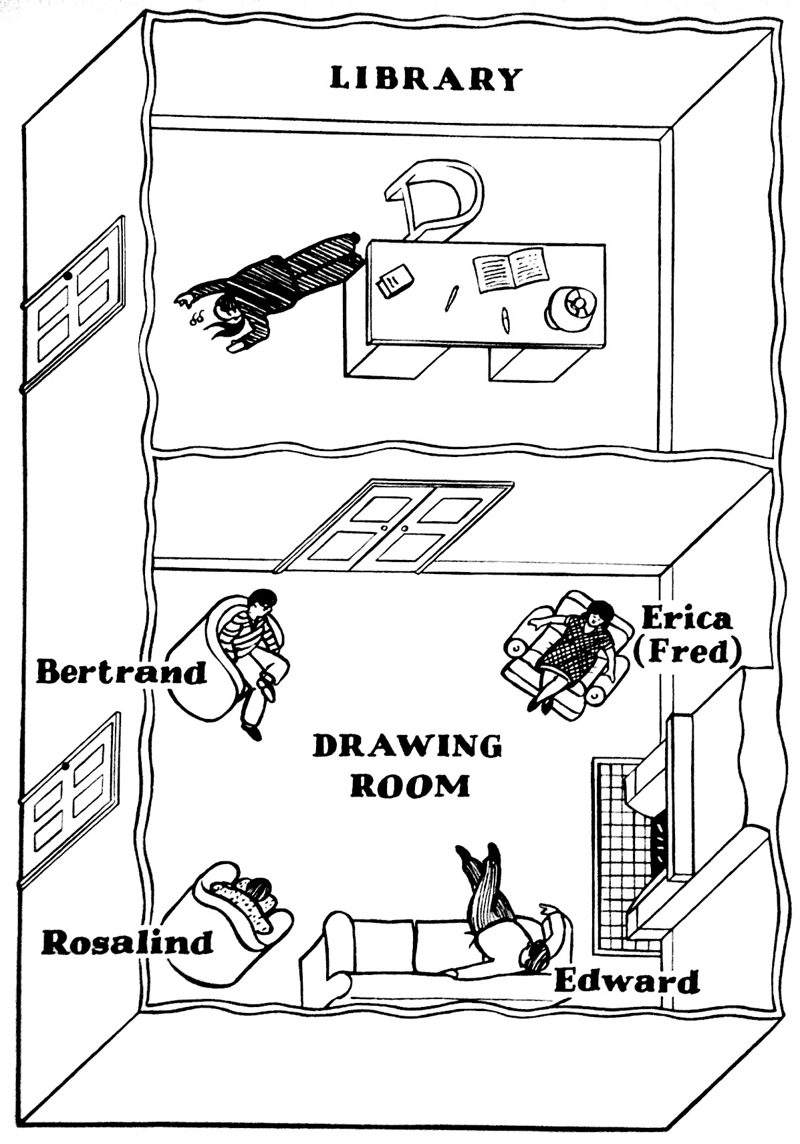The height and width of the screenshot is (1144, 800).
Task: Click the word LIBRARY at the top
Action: (x=425, y=79)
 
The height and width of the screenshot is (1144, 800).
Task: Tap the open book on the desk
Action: (x=511, y=269)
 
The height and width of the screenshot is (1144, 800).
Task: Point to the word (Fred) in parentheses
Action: (x=687, y=652)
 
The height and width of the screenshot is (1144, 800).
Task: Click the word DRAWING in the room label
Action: (x=407, y=746)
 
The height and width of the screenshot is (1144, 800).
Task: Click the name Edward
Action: (x=626, y=982)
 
